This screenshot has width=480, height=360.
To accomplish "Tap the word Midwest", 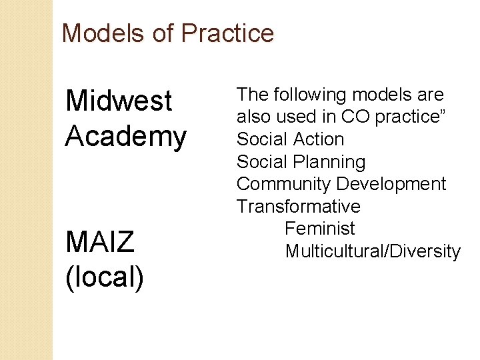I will tap(119, 101).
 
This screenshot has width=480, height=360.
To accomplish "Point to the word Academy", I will tap(126, 137).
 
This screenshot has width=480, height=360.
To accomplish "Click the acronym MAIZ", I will tap(100, 242).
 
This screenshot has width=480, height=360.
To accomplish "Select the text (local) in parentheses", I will tap(105, 277).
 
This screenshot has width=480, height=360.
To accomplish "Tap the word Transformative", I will tap(298, 207).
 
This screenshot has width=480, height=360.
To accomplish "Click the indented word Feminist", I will tap(320, 229).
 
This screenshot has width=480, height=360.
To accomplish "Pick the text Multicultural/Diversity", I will tap(373, 251).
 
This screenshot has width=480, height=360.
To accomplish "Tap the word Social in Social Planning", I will tap(263, 162).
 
